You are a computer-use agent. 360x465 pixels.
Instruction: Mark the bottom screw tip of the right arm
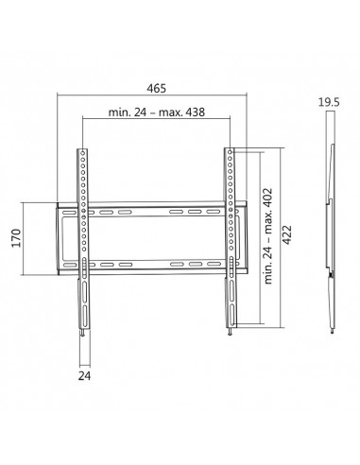point(231,333)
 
